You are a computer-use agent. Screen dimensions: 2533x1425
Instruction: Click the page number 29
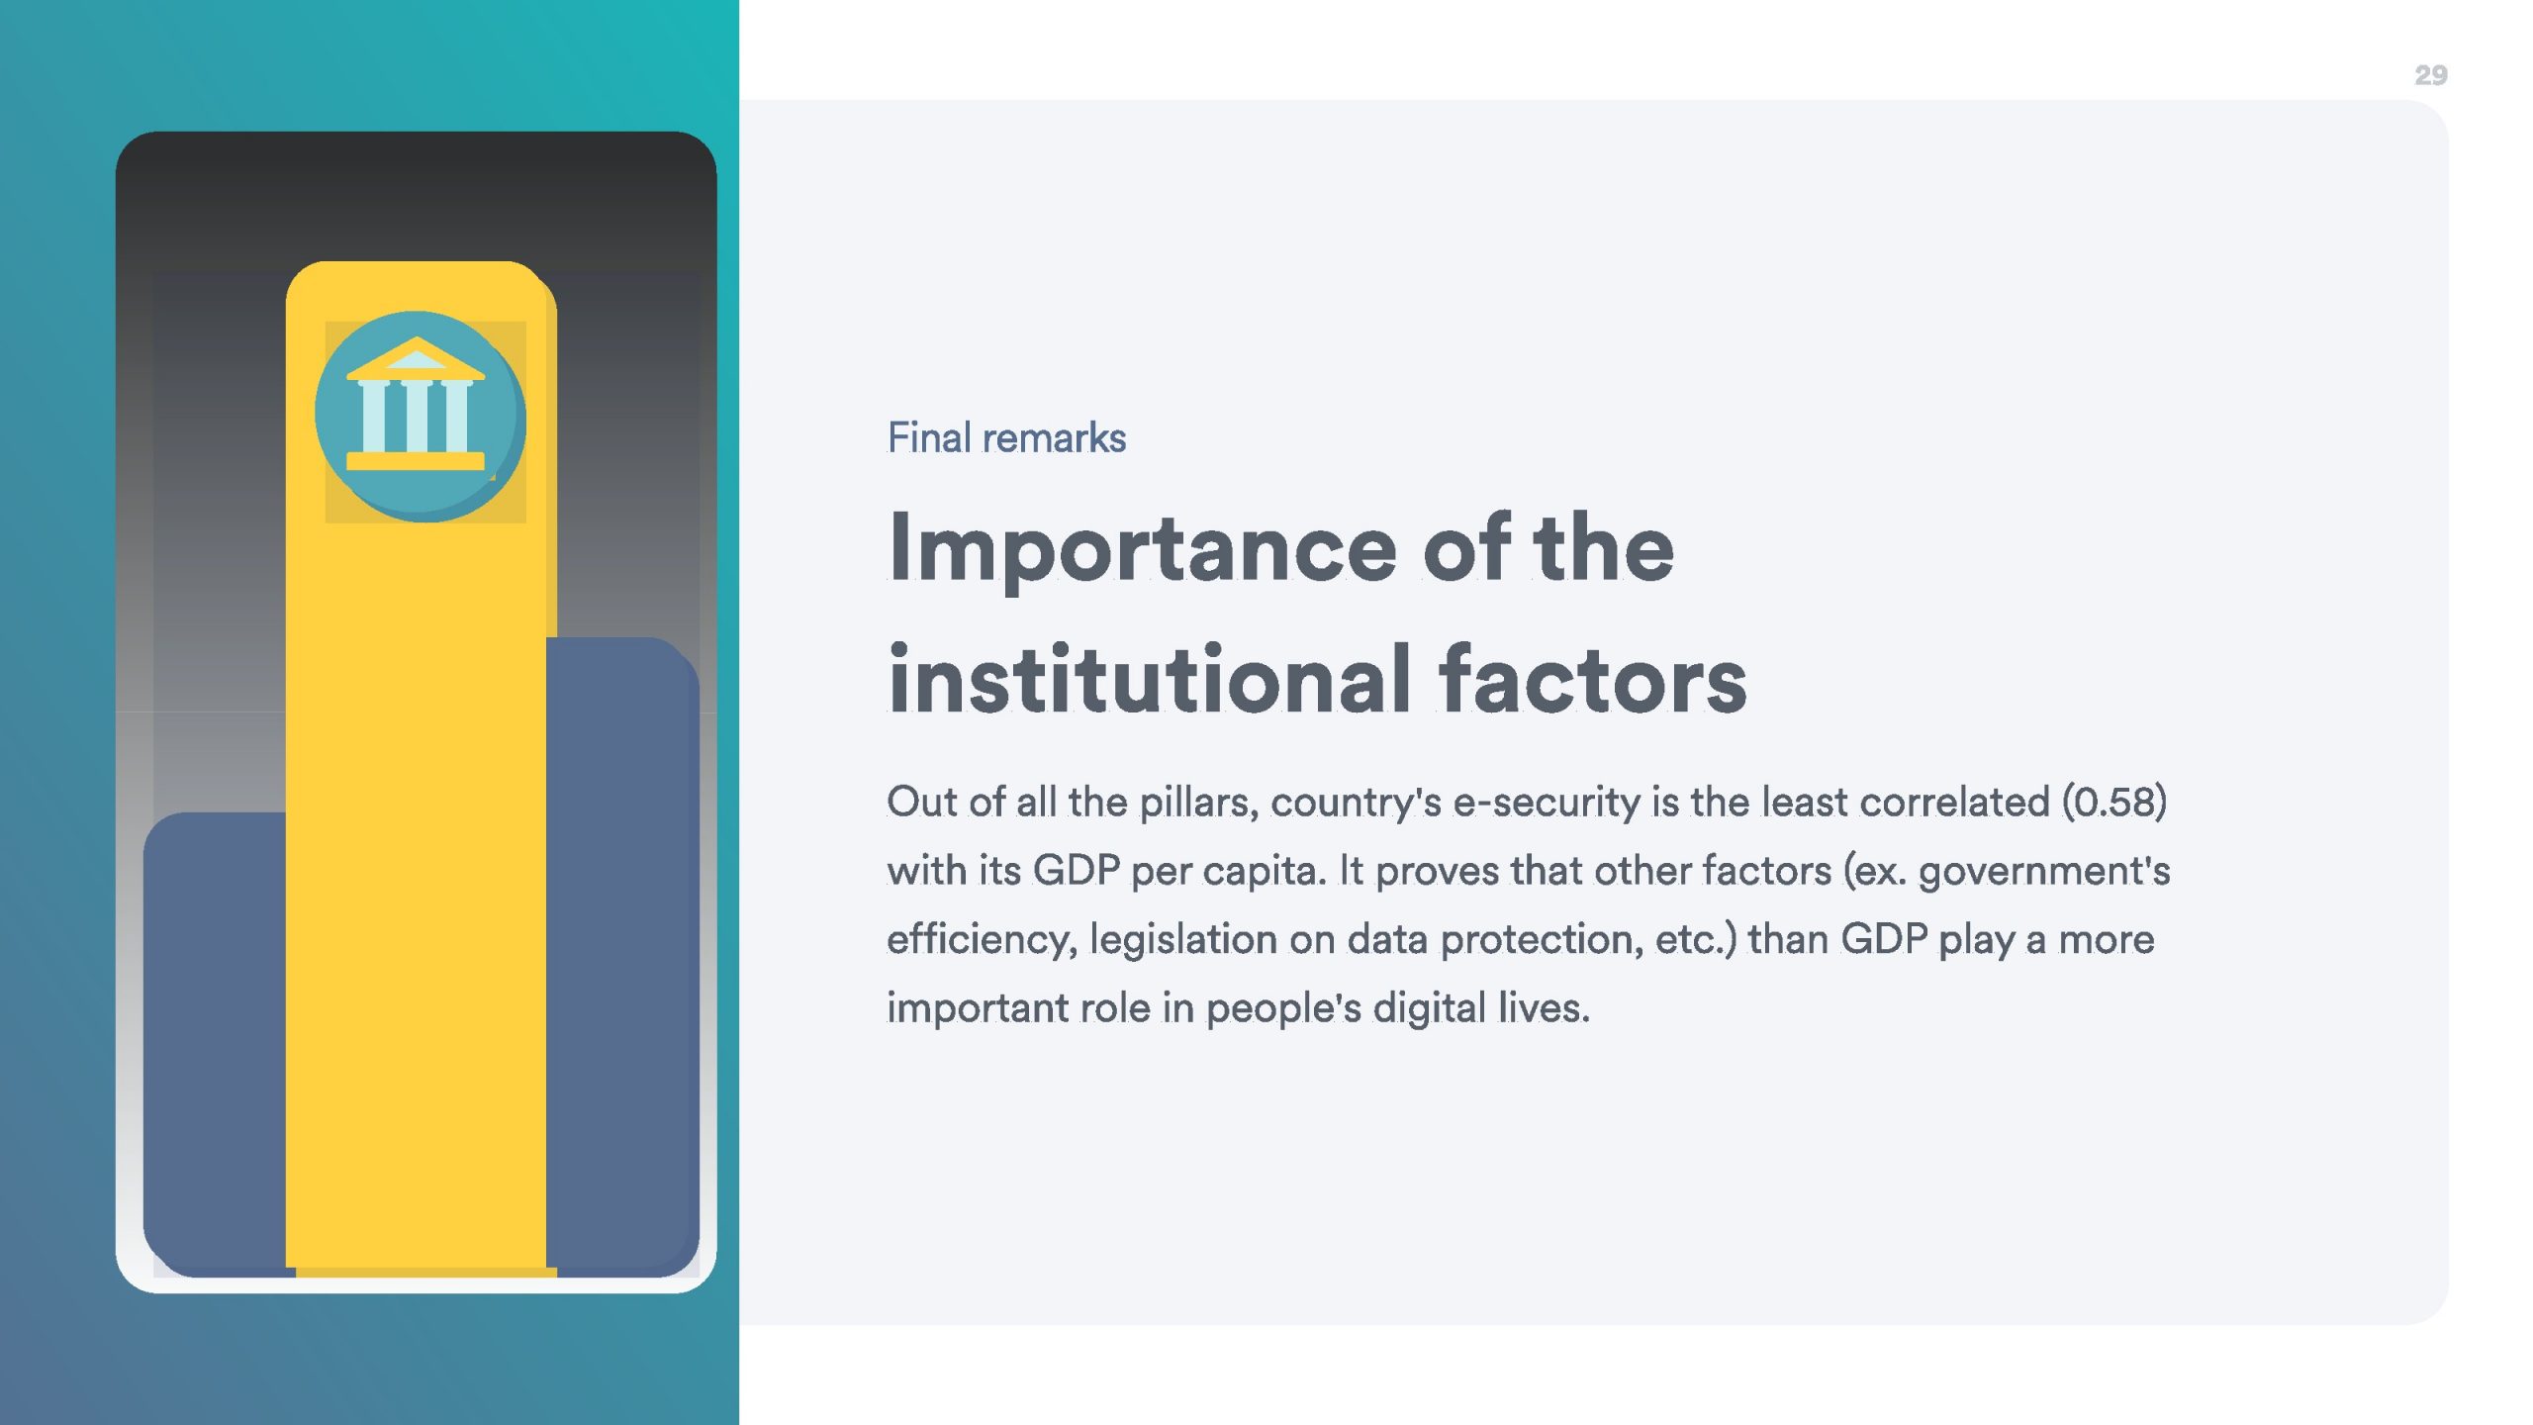point(2430,75)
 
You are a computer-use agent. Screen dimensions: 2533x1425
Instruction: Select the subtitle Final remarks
point(1006,437)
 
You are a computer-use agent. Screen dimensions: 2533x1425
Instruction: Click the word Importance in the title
point(1143,549)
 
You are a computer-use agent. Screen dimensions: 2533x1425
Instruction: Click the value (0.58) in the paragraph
point(2114,802)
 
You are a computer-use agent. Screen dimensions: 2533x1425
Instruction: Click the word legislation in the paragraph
point(1183,939)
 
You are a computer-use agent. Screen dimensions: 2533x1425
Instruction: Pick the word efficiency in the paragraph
point(982,939)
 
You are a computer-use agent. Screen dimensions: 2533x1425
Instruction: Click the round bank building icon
point(420,417)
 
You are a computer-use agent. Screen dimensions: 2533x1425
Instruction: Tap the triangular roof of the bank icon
point(416,358)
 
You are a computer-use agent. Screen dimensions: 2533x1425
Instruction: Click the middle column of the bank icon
point(417,417)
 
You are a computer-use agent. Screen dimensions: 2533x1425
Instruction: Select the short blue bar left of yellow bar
point(216,1039)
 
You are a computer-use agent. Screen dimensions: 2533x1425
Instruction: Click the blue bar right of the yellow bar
point(622,955)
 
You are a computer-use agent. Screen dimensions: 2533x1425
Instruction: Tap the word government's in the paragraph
point(2044,872)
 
